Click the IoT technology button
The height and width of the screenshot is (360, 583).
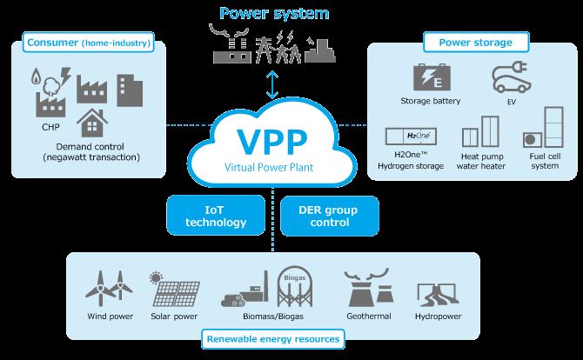[x=216, y=216]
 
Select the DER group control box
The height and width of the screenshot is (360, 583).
[x=330, y=216]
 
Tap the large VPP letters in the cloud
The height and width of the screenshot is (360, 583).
[x=272, y=142]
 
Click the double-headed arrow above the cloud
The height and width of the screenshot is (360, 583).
[x=272, y=84]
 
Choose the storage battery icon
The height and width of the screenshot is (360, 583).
[x=432, y=77]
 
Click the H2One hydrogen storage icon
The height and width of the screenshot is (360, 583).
[x=411, y=137]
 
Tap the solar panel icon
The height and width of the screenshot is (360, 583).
[x=175, y=289]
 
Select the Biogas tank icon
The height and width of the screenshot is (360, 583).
[x=295, y=286]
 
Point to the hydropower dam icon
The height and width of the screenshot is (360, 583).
[x=438, y=295]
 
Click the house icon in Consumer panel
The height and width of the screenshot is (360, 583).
[x=92, y=123]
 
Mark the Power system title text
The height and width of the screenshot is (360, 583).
[x=274, y=13]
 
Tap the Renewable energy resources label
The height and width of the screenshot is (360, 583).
[x=273, y=339]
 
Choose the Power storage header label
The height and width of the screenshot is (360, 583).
[x=476, y=43]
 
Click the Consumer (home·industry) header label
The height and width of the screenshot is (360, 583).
[x=89, y=43]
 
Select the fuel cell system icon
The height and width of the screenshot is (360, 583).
[x=543, y=128]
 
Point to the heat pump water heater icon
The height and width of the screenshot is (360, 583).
[x=480, y=131]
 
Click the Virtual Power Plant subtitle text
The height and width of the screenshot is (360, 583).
[x=269, y=167]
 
